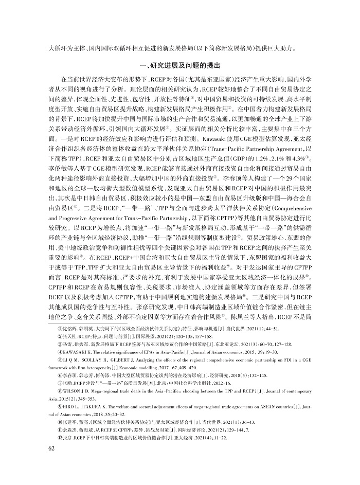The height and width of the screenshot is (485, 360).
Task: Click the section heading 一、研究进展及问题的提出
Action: [179, 66]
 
